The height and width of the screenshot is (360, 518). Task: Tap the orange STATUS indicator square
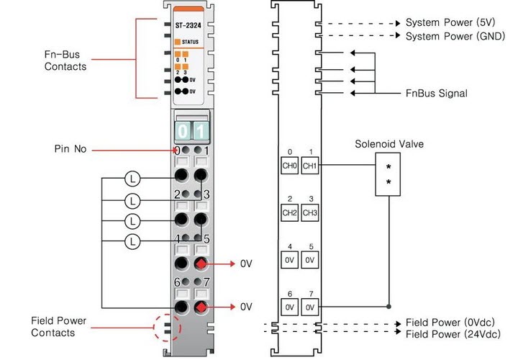coord(177,42)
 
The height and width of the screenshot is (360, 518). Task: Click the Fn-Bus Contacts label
coord(67,60)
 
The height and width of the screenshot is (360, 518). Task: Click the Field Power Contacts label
coord(63,326)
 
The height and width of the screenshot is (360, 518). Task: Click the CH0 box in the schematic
coord(289,166)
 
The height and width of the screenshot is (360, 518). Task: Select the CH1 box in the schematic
coord(310,166)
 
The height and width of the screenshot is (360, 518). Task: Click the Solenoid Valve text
coord(388,144)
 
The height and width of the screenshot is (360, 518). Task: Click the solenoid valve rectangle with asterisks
coord(388,174)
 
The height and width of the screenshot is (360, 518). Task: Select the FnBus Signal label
coord(436,93)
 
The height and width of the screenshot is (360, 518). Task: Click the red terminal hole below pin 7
coord(202,307)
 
